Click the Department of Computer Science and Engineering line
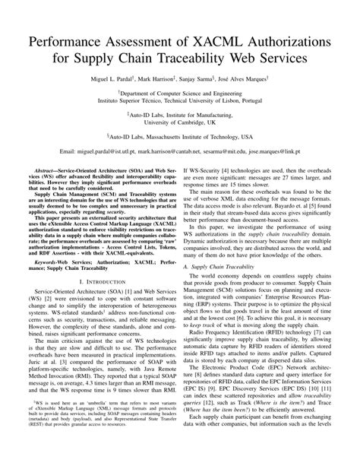click(180, 90)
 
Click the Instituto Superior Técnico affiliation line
click(180, 99)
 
